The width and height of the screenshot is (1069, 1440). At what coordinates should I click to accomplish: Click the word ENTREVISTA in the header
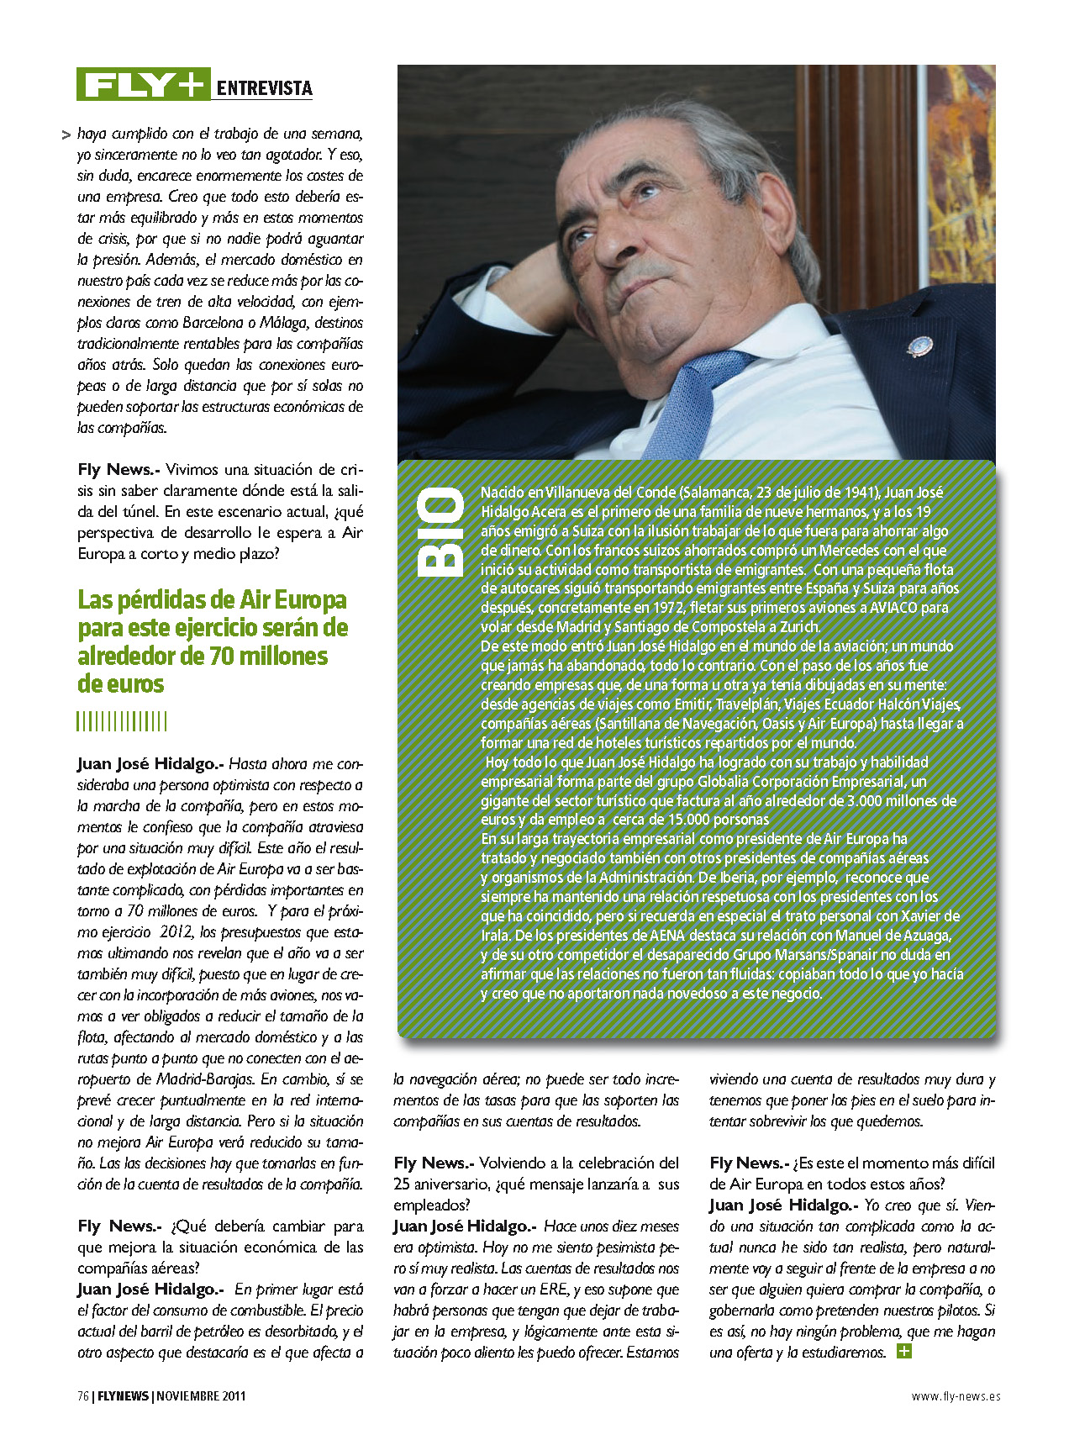[x=264, y=88]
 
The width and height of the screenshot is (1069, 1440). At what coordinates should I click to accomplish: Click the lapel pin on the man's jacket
[x=919, y=345]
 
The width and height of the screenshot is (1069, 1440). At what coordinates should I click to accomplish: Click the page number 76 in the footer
[x=83, y=1396]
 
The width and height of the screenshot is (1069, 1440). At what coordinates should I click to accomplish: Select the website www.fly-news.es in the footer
[x=956, y=1396]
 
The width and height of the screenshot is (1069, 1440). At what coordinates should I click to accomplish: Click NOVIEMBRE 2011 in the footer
[x=201, y=1396]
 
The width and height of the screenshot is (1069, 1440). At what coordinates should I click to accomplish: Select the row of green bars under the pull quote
[x=122, y=721]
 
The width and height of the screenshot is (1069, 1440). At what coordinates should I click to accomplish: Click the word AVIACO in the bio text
[x=893, y=608]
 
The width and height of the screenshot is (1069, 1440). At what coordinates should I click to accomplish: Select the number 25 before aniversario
[x=402, y=1184]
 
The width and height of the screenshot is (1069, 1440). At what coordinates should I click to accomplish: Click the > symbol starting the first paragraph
[x=66, y=135]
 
